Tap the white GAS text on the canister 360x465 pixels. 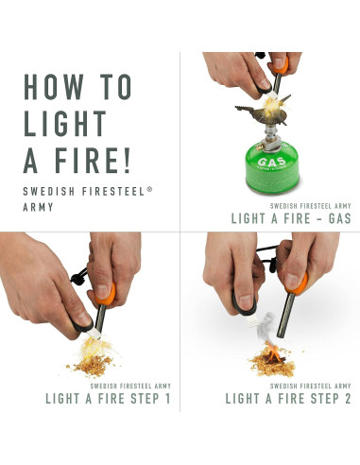tap(268, 162)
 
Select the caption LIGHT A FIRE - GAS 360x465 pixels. tap(291, 218)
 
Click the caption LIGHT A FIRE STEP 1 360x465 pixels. tap(108, 399)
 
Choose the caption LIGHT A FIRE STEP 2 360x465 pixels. tap(286, 399)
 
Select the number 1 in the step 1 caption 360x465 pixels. tap(167, 399)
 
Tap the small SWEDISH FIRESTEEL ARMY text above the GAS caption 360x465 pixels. tap(310, 205)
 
